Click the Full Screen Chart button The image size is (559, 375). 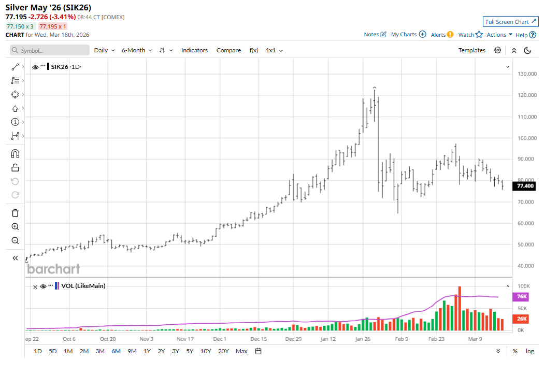pyautogui.click(x=510, y=22)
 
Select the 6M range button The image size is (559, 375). pyautogui.click(x=116, y=351)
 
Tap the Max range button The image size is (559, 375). pyautogui.click(x=241, y=351)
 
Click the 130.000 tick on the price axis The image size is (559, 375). pyautogui.click(x=526, y=74)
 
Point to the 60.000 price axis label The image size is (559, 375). pyautogui.click(x=526, y=223)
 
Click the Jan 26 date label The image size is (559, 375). pyautogui.click(x=362, y=339)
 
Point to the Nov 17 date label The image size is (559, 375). pyautogui.click(x=185, y=339)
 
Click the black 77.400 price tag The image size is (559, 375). pyautogui.click(x=525, y=186)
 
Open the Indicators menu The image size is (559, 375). pyautogui.click(x=194, y=50)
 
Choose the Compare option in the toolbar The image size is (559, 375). pyautogui.click(x=228, y=50)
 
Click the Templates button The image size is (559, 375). pyautogui.click(x=471, y=50)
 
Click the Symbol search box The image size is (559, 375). pyautogui.click(x=50, y=50)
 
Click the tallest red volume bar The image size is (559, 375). pyautogui.click(x=460, y=308)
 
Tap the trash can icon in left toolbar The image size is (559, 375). pyautogui.click(x=15, y=213)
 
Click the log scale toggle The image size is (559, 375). pyautogui.click(x=529, y=351)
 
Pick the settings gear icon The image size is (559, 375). pyautogui.click(x=497, y=50)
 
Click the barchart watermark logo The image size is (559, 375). pyautogui.click(x=53, y=269)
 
